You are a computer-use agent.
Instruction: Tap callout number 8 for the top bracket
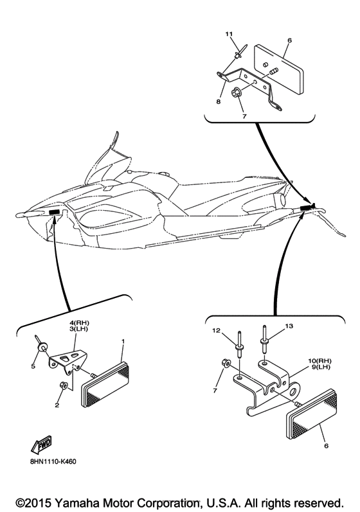coord(218,102)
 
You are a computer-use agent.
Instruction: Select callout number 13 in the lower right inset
coord(289,326)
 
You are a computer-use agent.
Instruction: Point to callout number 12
coord(216,330)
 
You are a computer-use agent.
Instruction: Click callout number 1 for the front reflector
coord(123,341)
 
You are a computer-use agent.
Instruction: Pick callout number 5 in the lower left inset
coord(33,367)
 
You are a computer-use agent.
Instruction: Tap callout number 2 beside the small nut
coord(57,405)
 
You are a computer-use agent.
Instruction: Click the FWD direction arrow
coord(42,445)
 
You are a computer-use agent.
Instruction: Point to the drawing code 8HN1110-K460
coord(52,462)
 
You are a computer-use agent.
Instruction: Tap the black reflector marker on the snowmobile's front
coord(55,212)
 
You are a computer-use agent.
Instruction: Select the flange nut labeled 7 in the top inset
coord(235,93)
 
